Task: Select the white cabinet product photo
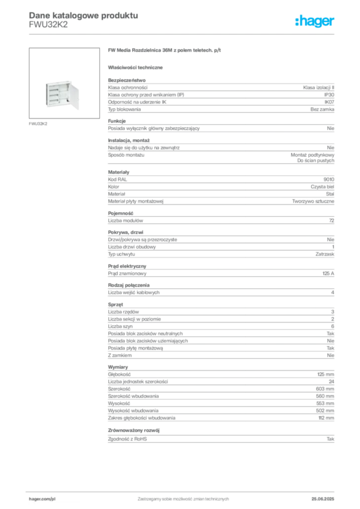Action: click(62, 94)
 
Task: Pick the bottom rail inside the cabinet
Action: click(54, 99)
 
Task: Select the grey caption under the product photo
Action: click(38, 124)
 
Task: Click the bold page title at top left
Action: click(82, 15)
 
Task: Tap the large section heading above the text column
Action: click(164, 51)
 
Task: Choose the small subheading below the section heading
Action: click(137, 67)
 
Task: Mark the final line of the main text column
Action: click(219, 440)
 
